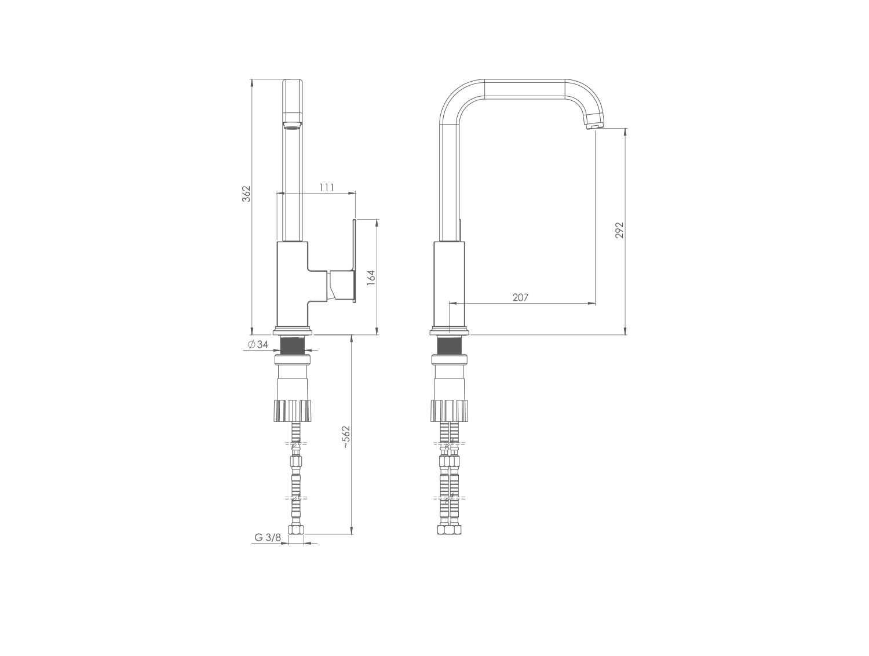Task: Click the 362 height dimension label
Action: point(246,194)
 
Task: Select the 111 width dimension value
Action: point(327,187)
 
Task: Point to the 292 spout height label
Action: point(619,230)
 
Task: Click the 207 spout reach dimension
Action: point(520,297)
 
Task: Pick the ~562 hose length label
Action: point(346,437)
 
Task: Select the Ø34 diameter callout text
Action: point(258,344)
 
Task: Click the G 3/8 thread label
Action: point(268,537)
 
